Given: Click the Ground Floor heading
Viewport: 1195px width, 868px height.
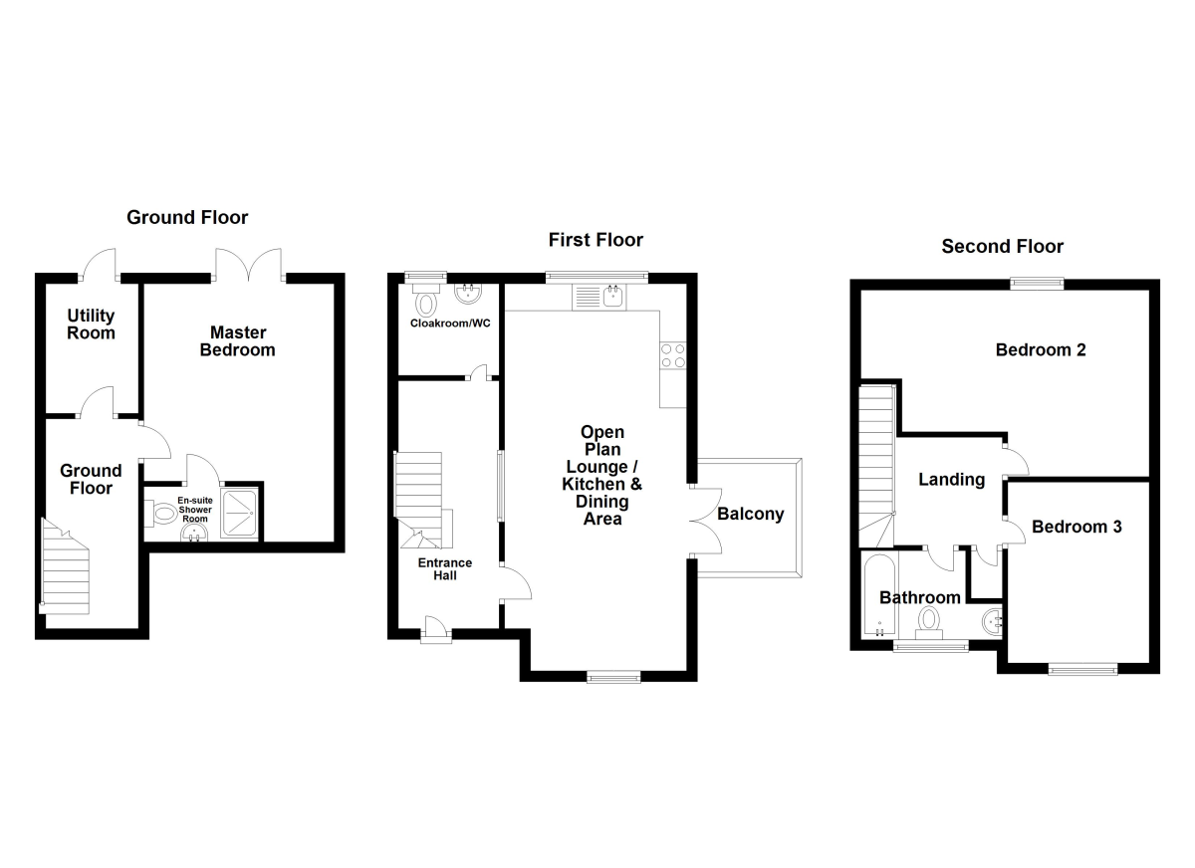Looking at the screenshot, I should tap(187, 217).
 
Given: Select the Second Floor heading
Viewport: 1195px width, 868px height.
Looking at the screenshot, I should tap(1002, 246).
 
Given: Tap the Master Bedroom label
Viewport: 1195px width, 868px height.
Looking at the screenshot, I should tap(237, 340).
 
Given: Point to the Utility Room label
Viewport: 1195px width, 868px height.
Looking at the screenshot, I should tap(91, 325).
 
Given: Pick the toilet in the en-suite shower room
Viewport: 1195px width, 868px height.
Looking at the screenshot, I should tap(160, 514).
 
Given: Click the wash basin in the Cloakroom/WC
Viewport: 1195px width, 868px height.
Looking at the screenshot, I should tap(468, 293).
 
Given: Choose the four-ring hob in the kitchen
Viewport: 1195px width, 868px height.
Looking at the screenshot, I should tap(673, 355).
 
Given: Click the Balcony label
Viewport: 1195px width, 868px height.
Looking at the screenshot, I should tap(751, 515).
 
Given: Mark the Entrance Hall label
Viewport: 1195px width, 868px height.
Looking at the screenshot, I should tap(445, 568).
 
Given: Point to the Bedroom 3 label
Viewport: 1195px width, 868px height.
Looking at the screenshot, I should tap(1076, 527).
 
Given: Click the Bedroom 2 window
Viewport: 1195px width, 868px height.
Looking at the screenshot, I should tap(1037, 284).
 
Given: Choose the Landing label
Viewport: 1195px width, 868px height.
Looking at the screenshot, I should tap(951, 479).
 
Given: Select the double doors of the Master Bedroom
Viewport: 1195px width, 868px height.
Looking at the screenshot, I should tap(250, 263).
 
